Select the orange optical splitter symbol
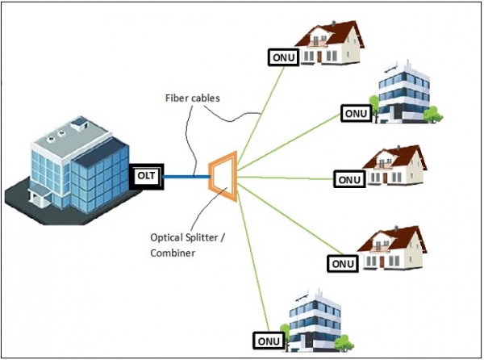tap(223, 175)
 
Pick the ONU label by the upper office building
tap(354, 114)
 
